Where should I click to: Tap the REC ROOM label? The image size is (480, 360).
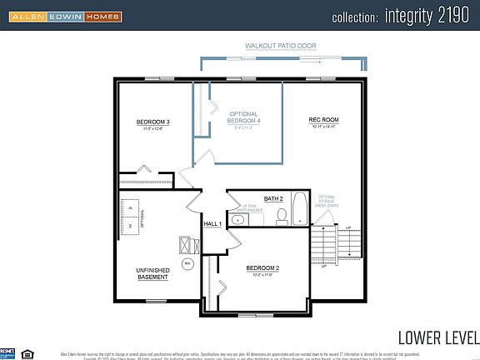pos(323,121)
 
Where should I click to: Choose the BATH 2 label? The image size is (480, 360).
pos(274,199)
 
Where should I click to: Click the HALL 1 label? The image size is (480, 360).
pos(212,224)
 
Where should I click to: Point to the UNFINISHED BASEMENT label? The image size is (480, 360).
pos(153,273)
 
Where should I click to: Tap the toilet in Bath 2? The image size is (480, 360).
pos(282,217)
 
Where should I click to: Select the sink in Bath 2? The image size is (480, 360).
pos(237,220)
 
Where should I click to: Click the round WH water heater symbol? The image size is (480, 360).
pos(187,263)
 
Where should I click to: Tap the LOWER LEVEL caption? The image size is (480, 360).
pos(437,337)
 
